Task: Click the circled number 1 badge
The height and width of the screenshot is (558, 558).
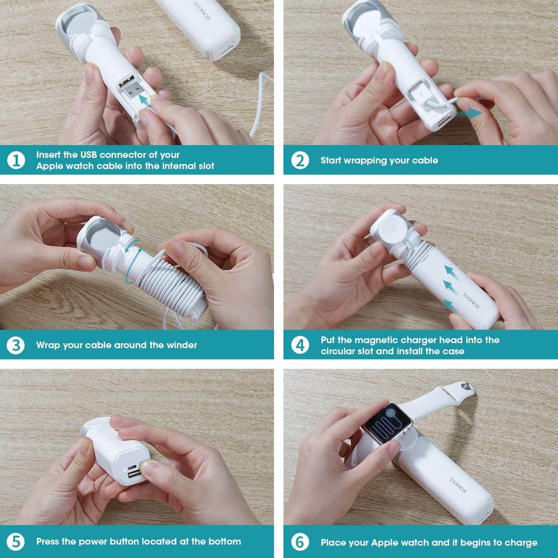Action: coord(16,160)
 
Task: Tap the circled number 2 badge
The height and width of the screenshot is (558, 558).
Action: coord(300,160)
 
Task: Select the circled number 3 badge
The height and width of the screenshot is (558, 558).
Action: coord(16,345)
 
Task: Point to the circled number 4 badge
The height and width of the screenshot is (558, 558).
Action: coord(300,345)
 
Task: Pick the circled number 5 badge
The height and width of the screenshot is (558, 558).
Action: coord(16,542)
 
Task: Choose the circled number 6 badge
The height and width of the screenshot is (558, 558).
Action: coord(300,542)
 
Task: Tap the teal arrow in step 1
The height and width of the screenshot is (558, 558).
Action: coord(144,100)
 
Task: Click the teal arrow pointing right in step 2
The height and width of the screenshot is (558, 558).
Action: coord(469,114)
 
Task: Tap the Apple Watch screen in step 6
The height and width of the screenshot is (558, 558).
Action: coord(387,424)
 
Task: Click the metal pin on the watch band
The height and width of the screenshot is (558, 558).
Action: coord(465,386)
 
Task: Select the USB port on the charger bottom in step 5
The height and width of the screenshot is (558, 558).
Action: coord(134,474)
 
